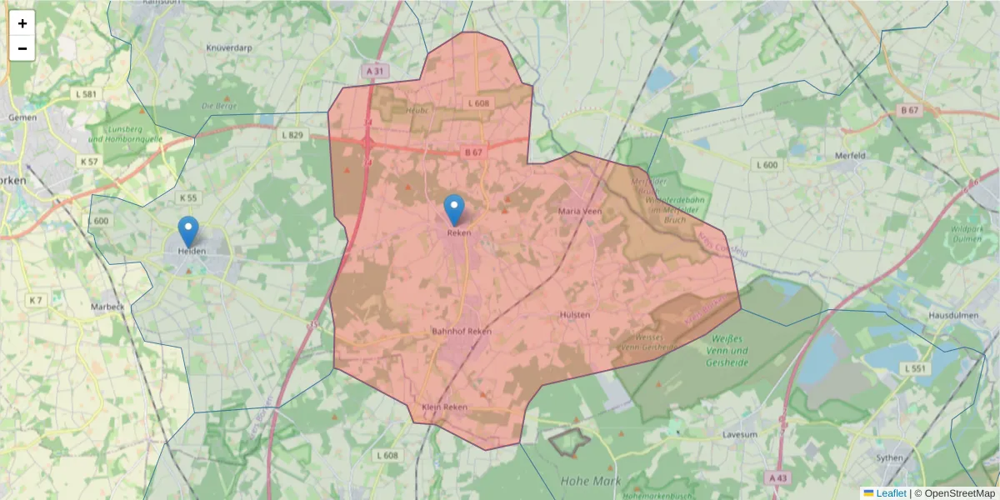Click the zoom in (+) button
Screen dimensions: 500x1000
[x=22, y=23]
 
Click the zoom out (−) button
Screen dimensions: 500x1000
[x=22, y=48]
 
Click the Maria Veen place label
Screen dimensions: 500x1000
[x=580, y=212]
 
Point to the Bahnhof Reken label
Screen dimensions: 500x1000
[x=462, y=331]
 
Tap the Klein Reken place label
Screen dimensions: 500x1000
[x=445, y=407]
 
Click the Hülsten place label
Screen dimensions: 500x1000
[x=575, y=314]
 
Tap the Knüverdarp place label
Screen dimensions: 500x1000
[x=229, y=47]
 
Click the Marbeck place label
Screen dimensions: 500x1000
[x=107, y=306]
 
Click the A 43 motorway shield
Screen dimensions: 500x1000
[x=777, y=477]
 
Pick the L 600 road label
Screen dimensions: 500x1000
[x=767, y=165]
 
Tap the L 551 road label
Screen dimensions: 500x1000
[x=914, y=367]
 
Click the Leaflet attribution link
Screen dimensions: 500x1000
[x=890, y=493]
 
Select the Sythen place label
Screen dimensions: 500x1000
[x=891, y=458]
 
